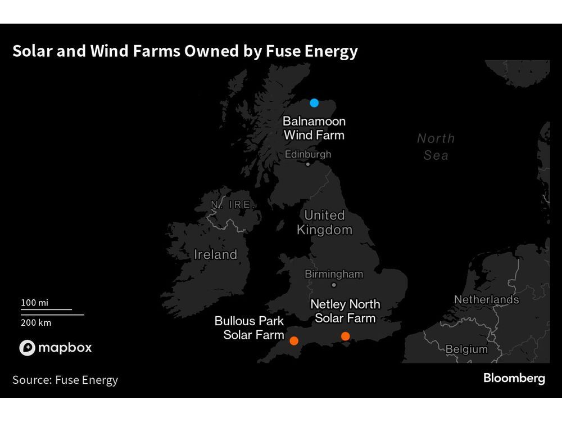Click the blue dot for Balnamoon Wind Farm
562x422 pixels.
[x=314, y=103]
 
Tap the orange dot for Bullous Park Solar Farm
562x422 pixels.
[x=293, y=340]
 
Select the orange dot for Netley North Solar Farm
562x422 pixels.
[x=345, y=336]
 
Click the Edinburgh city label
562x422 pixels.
[x=308, y=154]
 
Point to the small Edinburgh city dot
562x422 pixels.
[x=307, y=164]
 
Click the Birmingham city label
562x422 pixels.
[x=334, y=275]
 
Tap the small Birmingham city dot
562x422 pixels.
[x=334, y=285]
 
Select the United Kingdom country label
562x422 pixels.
[x=324, y=222]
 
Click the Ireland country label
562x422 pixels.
[x=215, y=255]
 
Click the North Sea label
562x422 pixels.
[x=436, y=147]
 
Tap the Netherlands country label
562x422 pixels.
[x=487, y=300]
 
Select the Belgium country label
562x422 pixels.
[x=466, y=349]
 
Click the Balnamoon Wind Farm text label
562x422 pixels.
[x=314, y=128]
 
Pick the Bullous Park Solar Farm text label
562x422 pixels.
[x=250, y=328]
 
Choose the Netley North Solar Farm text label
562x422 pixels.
[x=345, y=311]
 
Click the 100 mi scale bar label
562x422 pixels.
[x=35, y=303]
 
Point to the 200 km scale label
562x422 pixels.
[x=36, y=322]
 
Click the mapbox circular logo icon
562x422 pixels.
[x=27, y=348]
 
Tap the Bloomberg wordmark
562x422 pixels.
[x=514, y=379]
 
